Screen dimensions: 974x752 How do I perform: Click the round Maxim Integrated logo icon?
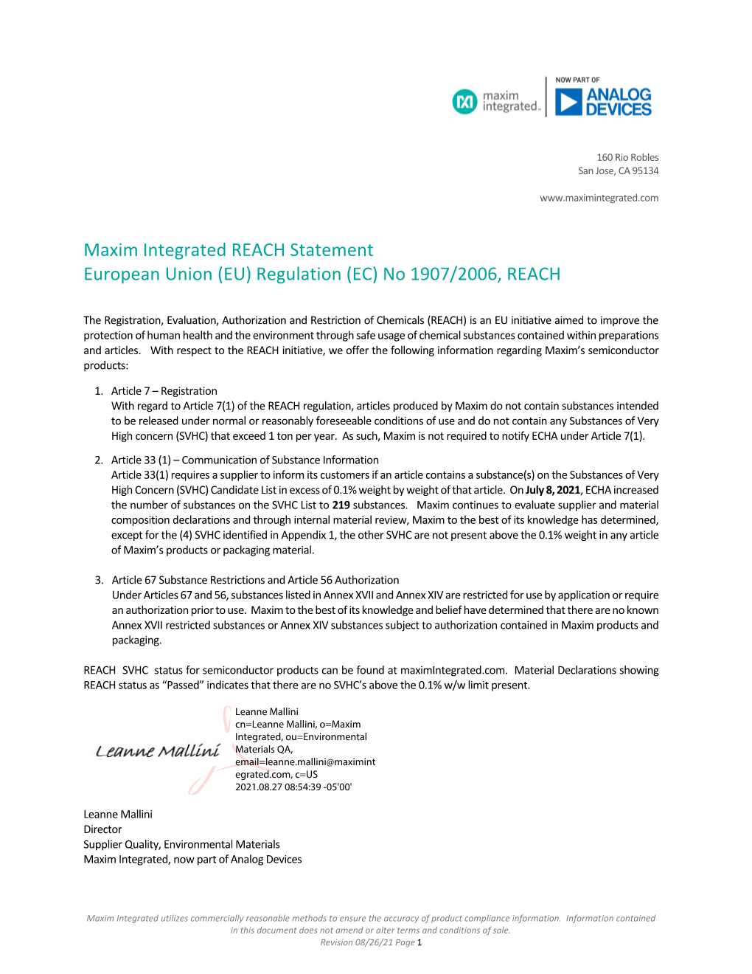point(464,102)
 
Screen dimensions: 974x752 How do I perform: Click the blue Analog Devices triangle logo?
point(568,102)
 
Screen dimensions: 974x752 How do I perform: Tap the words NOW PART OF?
point(577,80)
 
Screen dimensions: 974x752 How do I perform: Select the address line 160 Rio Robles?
point(627,157)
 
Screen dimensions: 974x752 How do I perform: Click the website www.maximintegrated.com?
point(599,198)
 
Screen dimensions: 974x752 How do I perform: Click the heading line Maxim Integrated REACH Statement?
point(229,250)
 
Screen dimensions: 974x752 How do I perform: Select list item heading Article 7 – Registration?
point(164,391)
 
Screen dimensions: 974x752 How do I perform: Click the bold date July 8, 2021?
point(553,490)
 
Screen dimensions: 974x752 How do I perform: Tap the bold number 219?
point(341,505)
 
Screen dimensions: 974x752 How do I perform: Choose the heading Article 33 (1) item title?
point(245,460)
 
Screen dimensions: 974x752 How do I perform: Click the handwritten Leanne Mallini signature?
point(158,751)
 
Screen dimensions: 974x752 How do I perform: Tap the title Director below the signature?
point(102,829)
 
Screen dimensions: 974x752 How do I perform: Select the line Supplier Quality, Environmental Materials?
point(181,844)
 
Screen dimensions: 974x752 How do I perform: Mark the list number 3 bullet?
point(99,580)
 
